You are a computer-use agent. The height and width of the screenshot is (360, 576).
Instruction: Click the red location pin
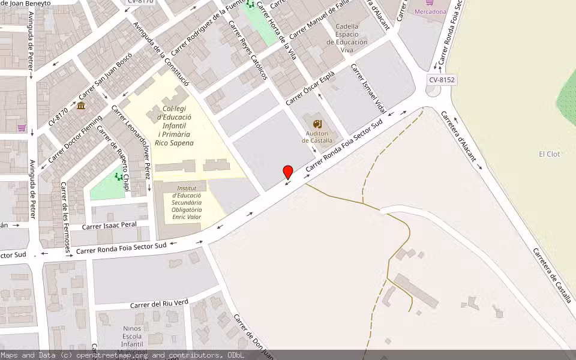pos(288,172)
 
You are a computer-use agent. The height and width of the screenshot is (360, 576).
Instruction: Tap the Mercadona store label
pos(431,11)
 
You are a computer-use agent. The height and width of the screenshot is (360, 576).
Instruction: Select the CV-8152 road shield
pos(442,80)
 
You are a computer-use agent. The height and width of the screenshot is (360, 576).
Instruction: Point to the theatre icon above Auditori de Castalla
pos(317,124)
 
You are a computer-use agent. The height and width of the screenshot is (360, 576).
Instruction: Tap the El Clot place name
pos(549,154)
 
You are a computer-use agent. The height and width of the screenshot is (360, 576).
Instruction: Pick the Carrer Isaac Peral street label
pos(109,226)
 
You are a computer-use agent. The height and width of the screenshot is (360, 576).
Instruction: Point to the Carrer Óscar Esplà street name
pos(310,88)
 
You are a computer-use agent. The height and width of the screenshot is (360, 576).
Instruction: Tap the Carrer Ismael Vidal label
pos(368,89)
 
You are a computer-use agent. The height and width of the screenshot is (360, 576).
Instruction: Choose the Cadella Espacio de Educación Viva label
pos(347,38)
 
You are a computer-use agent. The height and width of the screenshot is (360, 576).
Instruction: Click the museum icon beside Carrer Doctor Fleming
pos(81,106)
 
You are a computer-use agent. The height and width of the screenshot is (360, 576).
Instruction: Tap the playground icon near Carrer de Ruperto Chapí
pos(119,177)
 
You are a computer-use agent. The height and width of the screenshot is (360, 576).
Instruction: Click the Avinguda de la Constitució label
pos(161,54)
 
